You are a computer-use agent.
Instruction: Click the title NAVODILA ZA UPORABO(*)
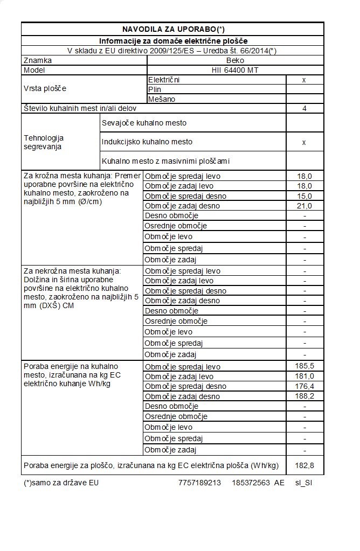(172, 29)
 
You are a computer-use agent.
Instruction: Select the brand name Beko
(235, 60)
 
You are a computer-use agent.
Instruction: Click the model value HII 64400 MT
(235, 70)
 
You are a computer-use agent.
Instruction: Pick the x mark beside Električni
(304, 80)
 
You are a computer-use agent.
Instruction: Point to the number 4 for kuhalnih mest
(304, 109)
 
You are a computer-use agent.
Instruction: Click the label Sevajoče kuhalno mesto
(143, 123)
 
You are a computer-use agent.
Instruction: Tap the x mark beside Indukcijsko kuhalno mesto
(304, 142)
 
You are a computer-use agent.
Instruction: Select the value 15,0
(304, 196)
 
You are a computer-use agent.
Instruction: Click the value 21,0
(304, 206)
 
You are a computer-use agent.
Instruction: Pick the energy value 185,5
(304, 366)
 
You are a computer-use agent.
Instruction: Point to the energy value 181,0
(304, 376)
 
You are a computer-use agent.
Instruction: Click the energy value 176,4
(304, 386)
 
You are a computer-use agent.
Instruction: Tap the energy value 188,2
(304, 396)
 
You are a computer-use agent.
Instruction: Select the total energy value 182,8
(304, 465)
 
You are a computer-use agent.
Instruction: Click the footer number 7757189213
(199, 483)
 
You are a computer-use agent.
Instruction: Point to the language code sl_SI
(303, 483)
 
